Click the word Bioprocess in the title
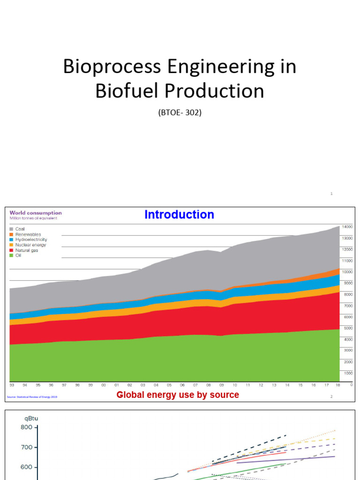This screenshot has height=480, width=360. pos(111,67)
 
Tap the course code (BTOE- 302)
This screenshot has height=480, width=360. pos(180,112)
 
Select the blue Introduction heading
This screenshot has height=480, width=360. pos(179,215)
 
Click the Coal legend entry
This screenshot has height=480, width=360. pos(20,229)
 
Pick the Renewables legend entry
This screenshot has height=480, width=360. pos(27,234)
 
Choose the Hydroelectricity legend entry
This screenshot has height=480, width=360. pos(31,240)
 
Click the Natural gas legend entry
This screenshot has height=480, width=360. pos(26,250)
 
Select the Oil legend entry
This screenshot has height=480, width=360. pos(18,255)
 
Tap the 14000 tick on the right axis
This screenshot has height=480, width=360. pos(347,226)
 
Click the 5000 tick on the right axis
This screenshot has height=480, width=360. pos(348,328)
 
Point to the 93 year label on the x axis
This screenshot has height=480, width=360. pos(12,384)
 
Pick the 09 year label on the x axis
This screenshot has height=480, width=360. pos(221,384)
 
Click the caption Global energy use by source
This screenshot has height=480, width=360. pos(178,395)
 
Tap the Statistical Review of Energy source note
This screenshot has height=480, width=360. pos(32,397)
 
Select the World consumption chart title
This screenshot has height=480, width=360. pos(36,213)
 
